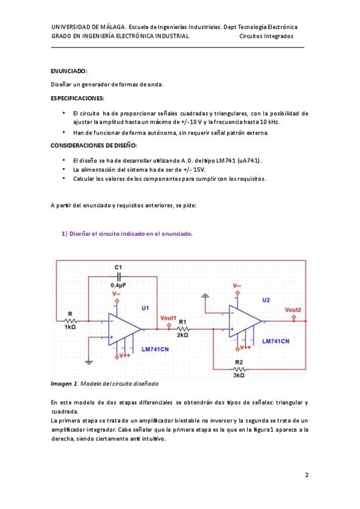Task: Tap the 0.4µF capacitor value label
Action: point(119,285)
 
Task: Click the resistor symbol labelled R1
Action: point(183,329)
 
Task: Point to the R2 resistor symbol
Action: point(238,369)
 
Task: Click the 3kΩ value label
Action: point(238,376)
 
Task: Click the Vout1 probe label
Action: point(169,318)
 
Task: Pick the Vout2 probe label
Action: point(293,310)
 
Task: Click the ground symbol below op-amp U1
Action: point(89,361)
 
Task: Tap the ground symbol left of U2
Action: point(206,296)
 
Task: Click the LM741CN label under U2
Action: point(275,340)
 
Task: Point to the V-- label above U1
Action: point(116,294)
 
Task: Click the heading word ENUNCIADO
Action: point(69,70)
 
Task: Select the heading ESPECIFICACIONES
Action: point(77,98)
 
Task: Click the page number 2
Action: point(307,475)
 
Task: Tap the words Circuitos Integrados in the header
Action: point(266,36)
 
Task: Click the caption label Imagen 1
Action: point(64,383)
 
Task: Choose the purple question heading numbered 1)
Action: point(127,233)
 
